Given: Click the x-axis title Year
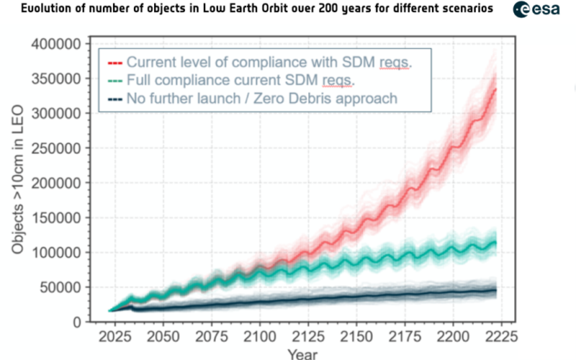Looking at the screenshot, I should click(302, 354).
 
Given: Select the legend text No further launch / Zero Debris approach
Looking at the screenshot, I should click(261, 98).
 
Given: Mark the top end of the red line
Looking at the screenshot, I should click(496, 89).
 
